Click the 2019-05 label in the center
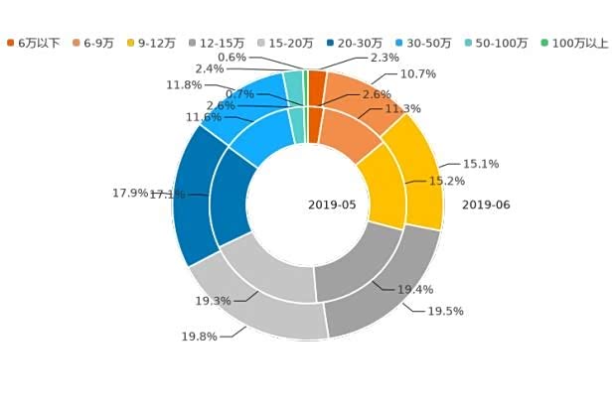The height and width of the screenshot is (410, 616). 332,205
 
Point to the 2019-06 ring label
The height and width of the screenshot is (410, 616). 486,205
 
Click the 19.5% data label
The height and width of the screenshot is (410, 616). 445,311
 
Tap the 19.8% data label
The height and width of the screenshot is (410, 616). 199,337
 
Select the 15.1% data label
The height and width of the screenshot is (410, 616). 481,164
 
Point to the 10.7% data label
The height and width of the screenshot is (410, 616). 417,74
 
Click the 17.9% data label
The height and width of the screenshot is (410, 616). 129,193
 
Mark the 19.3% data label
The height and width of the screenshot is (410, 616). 213,300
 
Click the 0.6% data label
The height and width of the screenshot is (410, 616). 231,58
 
